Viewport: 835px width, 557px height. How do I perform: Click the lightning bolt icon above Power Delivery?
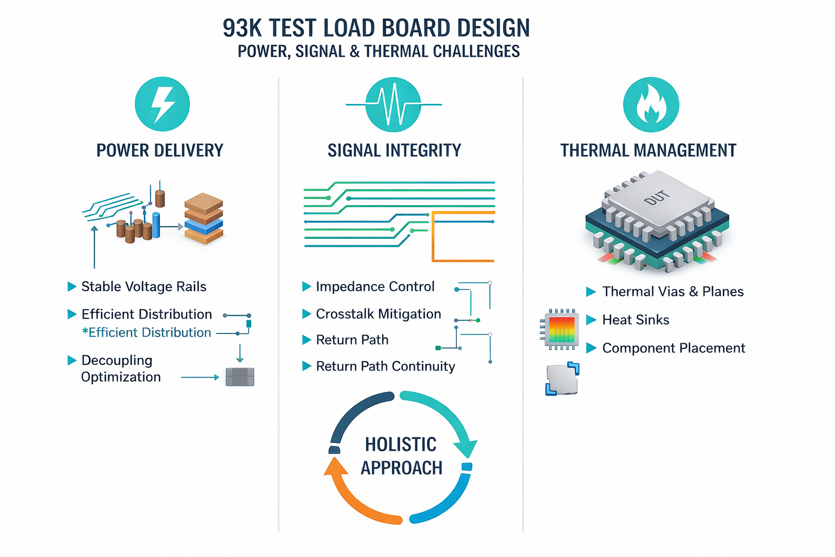tap(162, 104)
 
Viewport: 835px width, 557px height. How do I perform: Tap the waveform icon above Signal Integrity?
tap(394, 104)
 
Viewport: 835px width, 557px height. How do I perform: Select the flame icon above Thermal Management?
tap(651, 104)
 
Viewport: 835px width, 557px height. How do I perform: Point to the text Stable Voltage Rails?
tap(144, 287)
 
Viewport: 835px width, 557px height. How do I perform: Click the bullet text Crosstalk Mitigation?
tap(378, 314)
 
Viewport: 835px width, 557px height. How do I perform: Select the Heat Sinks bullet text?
tap(635, 320)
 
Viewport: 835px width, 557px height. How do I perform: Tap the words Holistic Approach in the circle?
tap(401, 456)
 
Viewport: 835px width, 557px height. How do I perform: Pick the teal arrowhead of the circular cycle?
tap(466, 449)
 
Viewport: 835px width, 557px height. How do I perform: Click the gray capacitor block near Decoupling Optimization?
tap(240, 377)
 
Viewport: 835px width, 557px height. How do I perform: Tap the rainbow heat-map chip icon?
tap(559, 330)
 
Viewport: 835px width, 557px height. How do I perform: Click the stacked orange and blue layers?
tap(204, 219)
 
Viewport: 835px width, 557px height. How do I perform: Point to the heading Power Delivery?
tap(159, 150)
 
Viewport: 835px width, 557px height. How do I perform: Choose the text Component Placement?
tap(674, 348)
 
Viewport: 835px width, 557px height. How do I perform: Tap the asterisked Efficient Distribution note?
tap(146, 332)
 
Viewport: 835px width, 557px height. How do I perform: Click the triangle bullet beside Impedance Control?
tap(307, 287)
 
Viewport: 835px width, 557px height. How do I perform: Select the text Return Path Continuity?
tap(385, 366)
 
